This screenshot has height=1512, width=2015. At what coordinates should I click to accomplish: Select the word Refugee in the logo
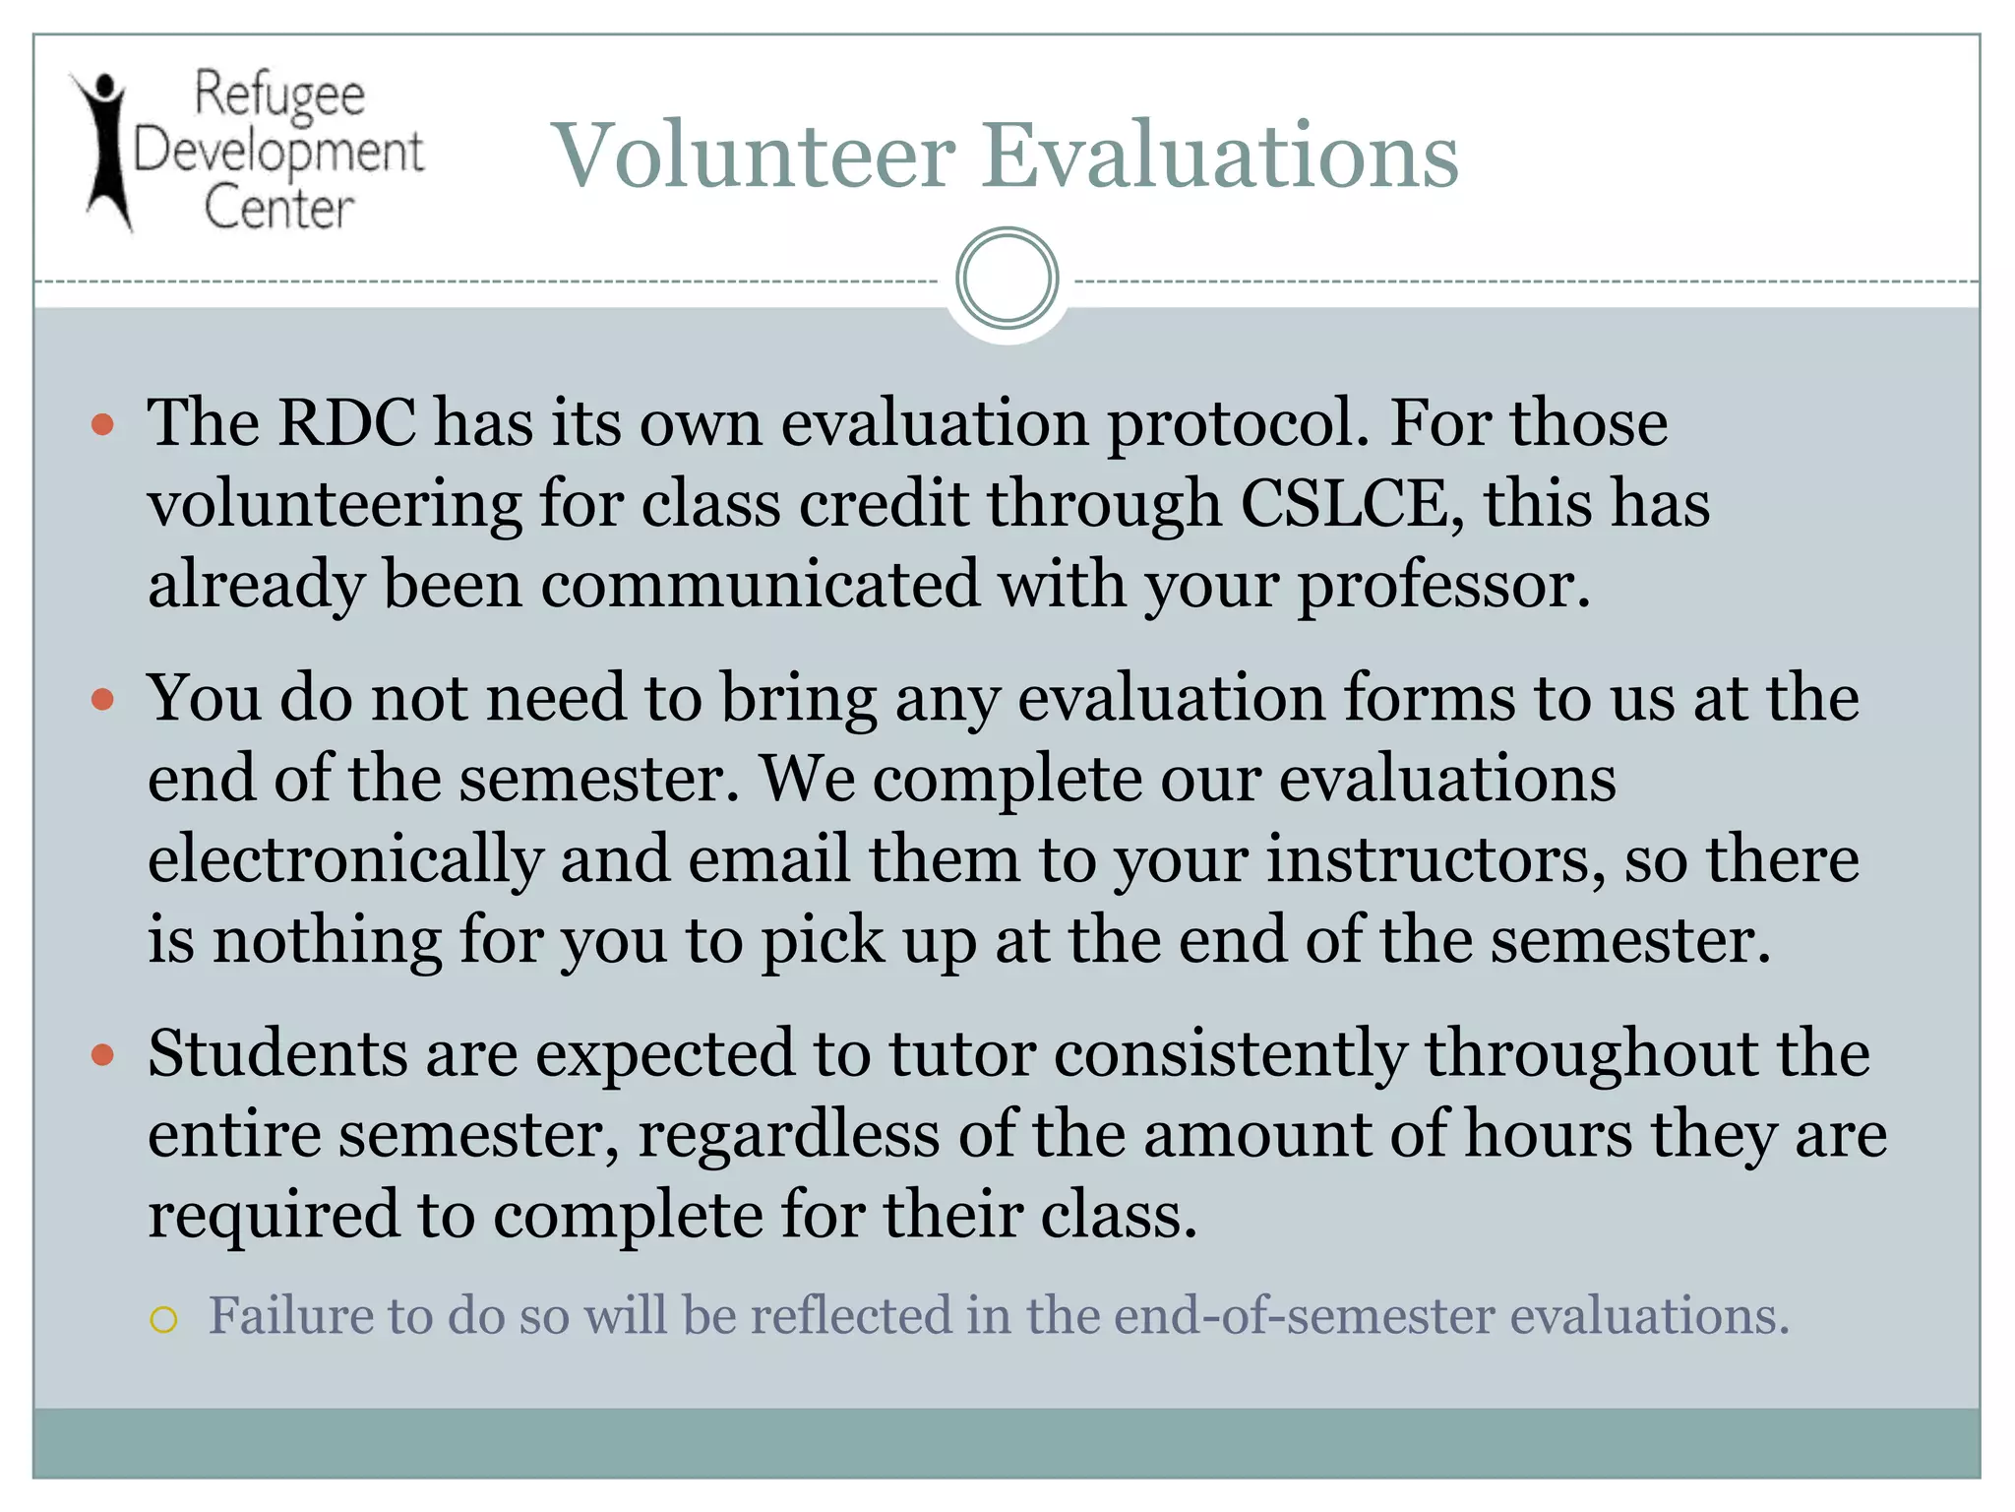[279, 96]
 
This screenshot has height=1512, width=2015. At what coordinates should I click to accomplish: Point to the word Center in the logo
[278, 208]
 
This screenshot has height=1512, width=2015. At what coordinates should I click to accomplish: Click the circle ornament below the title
[1007, 279]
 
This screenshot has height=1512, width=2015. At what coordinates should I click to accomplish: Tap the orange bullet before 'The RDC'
[102, 425]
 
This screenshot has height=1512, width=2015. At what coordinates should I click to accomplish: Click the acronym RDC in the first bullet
[347, 423]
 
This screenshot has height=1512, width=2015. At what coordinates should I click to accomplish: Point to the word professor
[1442, 585]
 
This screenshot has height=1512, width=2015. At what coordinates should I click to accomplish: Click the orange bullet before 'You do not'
[102, 700]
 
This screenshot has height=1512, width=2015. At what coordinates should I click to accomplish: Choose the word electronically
[345, 859]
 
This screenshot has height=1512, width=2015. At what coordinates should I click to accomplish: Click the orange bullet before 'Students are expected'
[102, 1055]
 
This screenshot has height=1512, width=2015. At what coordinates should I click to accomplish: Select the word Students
[277, 1053]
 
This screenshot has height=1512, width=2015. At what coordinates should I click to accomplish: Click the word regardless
[789, 1135]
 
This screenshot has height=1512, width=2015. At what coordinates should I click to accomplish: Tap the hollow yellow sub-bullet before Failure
[163, 1319]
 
